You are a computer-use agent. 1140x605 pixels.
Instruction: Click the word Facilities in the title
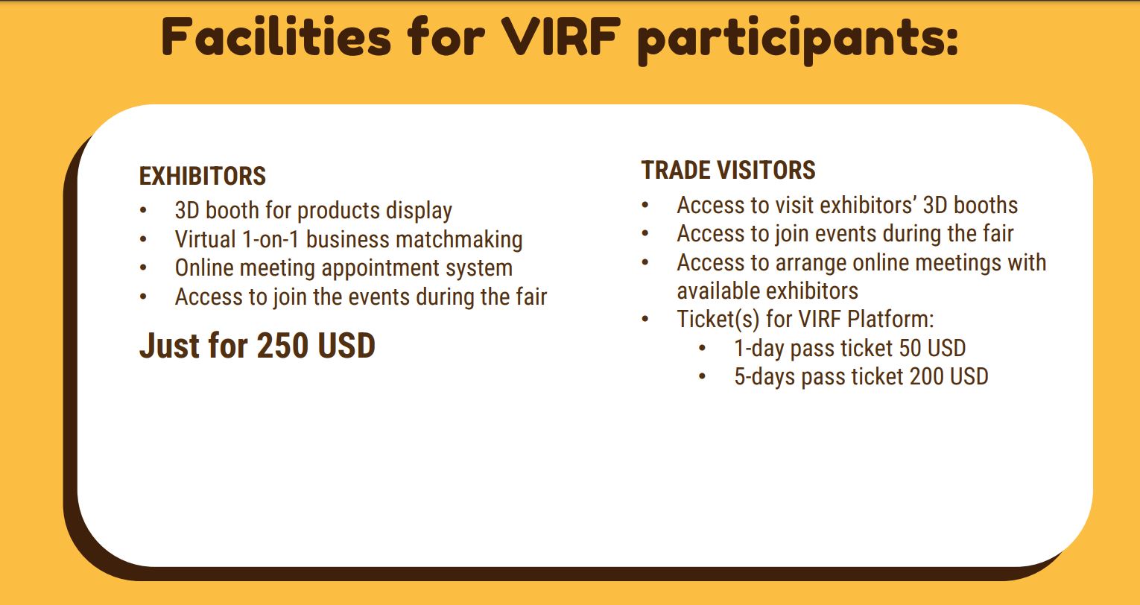[x=276, y=36]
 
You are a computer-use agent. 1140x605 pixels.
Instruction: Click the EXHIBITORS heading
[x=203, y=176]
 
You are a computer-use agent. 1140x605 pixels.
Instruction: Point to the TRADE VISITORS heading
[x=728, y=170]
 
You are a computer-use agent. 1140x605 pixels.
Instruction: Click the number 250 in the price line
[x=282, y=346]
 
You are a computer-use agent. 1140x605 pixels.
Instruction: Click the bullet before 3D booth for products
[x=143, y=210]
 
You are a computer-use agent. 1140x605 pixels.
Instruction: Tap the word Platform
[x=890, y=320]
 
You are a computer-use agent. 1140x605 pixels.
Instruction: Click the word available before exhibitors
[x=718, y=291]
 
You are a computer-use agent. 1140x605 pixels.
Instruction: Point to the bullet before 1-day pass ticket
[x=703, y=349]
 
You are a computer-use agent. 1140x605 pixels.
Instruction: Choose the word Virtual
[x=205, y=239]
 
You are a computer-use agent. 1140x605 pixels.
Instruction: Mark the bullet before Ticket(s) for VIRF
[x=645, y=320]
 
